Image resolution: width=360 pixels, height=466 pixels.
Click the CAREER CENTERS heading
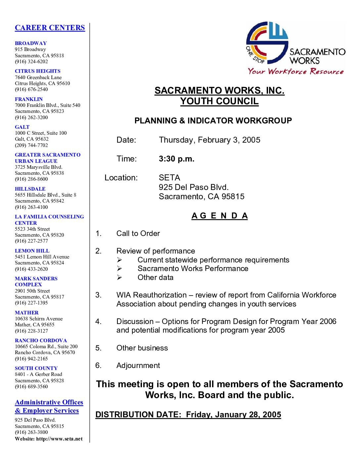pos(50,28)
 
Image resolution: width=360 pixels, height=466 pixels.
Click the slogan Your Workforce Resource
pos(295,71)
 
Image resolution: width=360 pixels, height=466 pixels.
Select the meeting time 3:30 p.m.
pos(176,159)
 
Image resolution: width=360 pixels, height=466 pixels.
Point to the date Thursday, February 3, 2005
pos(209,140)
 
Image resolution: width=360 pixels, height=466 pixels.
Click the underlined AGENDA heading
pos(219,216)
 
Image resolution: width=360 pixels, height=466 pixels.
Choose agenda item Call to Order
pos(138,234)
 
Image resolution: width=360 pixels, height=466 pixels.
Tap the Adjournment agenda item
pos(138,365)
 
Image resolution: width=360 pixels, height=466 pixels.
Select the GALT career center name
pos(22,127)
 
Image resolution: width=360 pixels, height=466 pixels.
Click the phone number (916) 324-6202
pos(31,62)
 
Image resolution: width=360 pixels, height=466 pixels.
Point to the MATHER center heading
pos(26,312)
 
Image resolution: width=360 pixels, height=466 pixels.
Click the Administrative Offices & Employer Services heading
pos(49,406)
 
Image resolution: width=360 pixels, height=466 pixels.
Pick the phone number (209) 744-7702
pos(31,145)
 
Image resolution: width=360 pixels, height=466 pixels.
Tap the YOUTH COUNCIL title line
pos(219,101)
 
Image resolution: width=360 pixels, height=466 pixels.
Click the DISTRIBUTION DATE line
pos(188,415)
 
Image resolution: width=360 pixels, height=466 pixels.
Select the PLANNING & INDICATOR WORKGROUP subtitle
pos(213,121)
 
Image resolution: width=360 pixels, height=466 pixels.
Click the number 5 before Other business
pos(98,348)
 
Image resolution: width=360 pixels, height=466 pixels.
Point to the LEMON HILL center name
pos(32,251)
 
